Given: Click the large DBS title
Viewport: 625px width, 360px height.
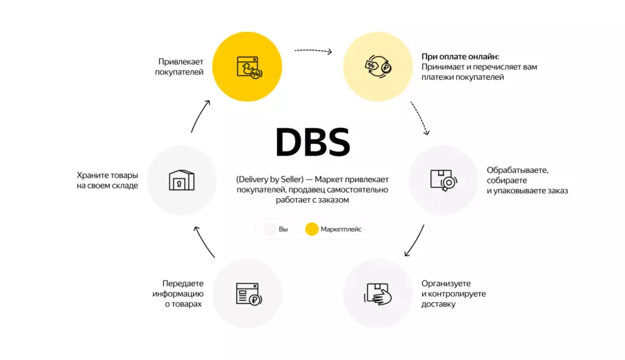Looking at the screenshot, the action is click(312, 142).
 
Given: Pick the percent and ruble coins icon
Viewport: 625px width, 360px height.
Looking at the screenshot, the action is click(378, 67).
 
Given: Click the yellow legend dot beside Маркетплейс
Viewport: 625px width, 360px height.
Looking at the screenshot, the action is click(312, 229).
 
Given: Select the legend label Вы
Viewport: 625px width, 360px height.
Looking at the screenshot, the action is click(283, 229).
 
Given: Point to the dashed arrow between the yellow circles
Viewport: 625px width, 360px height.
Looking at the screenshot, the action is click(313, 51).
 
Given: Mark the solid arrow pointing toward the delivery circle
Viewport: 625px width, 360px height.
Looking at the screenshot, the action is click(414, 240).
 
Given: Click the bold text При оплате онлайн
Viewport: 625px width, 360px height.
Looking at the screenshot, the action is click(460, 56).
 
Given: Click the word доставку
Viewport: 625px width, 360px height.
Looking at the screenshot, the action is click(438, 304).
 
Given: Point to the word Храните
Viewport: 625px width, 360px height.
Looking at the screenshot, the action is click(92, 175).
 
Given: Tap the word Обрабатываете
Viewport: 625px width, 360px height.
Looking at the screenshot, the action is click(517, 170).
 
